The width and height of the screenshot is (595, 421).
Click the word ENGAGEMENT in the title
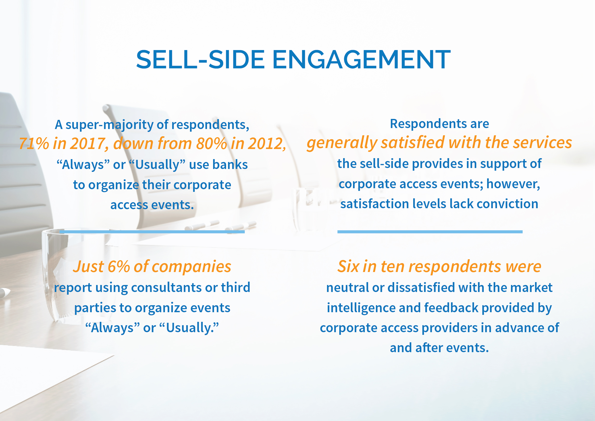(361, 60)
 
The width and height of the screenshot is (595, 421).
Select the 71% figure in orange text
(34, 143)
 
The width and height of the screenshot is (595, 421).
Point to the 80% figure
(211, 143)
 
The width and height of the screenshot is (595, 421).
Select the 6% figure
(118, 266)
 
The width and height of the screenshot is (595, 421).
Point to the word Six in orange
(348, 266)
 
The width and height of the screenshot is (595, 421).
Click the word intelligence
(361, 308)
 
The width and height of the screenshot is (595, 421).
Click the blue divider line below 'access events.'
(152, 232)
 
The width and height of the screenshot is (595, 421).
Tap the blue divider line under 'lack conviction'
(430, 232)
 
